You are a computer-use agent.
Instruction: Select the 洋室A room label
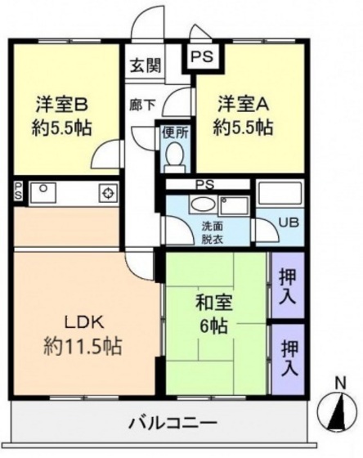pyautogui.click(x=242, y=106)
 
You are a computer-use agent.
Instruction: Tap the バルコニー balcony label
pyautogui.click(x=173, y=424)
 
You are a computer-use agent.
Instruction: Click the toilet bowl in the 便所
pyautogui.click(x=173, y=155)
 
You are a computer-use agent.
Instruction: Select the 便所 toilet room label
pyautogui.click(x=173, y=132)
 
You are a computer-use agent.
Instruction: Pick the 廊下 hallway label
pyautogui.click(x=142, y=106)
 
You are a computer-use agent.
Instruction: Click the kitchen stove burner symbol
pyautogui.click(x=107, y=193)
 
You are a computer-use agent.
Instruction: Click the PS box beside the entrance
pyautogui.click(x=200, y=58)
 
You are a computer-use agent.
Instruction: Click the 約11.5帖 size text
pyautogui.click(x=83, y=347)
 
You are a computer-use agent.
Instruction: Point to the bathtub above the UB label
pyautogui.click(x=280, y=194)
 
